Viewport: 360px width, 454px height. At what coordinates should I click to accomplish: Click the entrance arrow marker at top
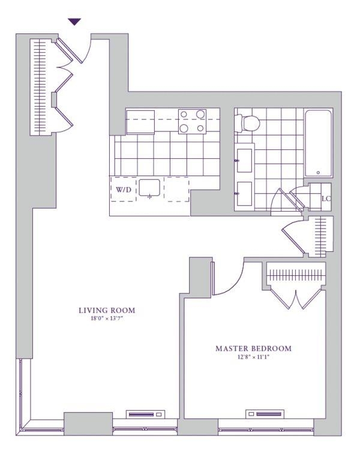pos(74,22)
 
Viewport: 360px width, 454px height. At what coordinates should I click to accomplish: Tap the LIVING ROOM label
pos(107,310)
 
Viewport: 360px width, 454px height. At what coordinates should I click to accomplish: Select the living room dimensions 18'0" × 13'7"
pos(107,318)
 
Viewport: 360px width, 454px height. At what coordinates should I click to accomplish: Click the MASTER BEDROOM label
pos(253,348)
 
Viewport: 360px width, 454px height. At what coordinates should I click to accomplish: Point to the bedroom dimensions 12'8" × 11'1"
pos(253,357)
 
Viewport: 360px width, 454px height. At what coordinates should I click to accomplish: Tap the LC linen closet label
pos(326,199)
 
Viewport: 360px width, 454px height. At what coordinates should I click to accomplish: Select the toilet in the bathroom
pos(248,123)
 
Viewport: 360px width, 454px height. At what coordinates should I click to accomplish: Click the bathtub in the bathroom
pos(317,143)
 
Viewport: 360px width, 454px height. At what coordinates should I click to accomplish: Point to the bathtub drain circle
pos(318,172)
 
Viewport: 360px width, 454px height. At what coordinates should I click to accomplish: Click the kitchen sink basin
pos(150,188)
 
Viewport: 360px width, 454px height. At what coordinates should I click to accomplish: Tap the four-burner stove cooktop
pos(192,121)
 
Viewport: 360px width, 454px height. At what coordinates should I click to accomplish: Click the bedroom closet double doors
pos(296,298)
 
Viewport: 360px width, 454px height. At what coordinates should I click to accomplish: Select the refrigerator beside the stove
pos(140,122)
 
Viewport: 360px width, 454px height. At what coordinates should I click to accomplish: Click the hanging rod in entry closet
pos(40,87)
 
